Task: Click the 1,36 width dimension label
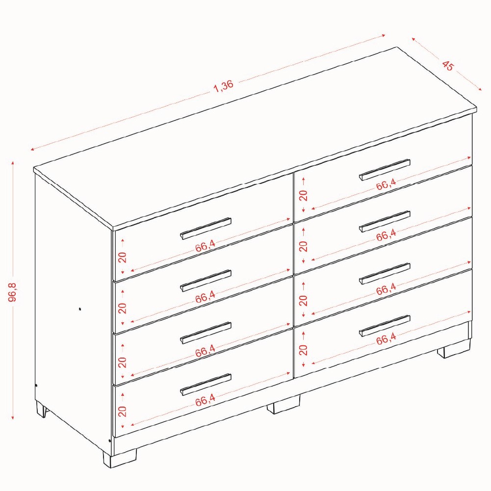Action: coord(224,86)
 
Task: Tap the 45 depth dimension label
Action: coord(448,66)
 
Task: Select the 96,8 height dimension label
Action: coord(13,292)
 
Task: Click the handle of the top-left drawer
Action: coord(206,228)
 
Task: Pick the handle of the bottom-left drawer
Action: coord(206,385)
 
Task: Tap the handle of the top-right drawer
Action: coord(385,170)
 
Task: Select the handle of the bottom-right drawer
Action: coord(385,326)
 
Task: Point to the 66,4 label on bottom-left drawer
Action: coord(206,400)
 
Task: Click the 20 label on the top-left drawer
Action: coord(123,257)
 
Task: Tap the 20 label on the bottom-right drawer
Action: coord(303,350)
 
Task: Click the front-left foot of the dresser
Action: coord(120,459)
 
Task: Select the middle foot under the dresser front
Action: coord(284,405)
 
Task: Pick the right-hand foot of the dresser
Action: coord(454,348)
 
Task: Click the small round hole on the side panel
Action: coord(80,309)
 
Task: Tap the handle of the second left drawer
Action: coord(206,281)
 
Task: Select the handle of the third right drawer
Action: coord(385,274)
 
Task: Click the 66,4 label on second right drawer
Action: coord(386,235)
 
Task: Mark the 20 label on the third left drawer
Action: coord(123,362)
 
